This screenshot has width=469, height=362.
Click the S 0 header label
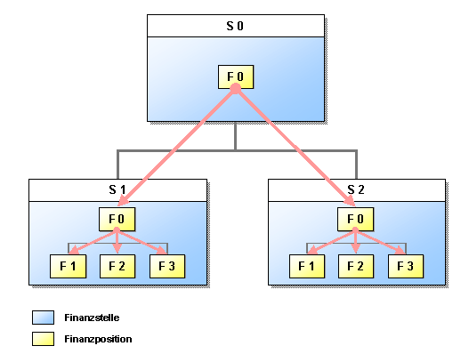[235, 26]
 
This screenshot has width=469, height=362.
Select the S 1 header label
[117, 189]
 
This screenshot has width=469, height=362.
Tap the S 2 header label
[356, 189]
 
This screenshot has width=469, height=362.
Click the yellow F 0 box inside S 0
[236, 76]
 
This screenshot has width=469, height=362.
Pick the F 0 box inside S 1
[117, 219]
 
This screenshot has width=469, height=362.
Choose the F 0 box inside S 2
[355, 219]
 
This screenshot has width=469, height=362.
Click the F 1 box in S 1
[68, 266]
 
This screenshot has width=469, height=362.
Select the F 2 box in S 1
[117, 266]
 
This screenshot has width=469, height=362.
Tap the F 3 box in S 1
[167, 266]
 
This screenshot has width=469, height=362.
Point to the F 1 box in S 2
[307, 266]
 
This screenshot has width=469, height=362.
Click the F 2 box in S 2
[356, 266]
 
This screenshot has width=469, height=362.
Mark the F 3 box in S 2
[406, 266]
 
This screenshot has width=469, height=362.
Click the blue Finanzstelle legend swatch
[43, 318]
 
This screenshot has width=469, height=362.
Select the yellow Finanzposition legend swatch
[43, 339]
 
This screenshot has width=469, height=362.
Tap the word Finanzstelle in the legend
[92, 318]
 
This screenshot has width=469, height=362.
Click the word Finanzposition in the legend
[98, 339]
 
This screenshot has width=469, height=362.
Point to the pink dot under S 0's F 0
[236, 88]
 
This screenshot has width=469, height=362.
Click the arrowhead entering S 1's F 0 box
[123, 201]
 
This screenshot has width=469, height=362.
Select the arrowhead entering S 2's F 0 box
[350, 201]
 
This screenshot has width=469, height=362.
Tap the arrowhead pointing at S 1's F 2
[117, 249]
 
